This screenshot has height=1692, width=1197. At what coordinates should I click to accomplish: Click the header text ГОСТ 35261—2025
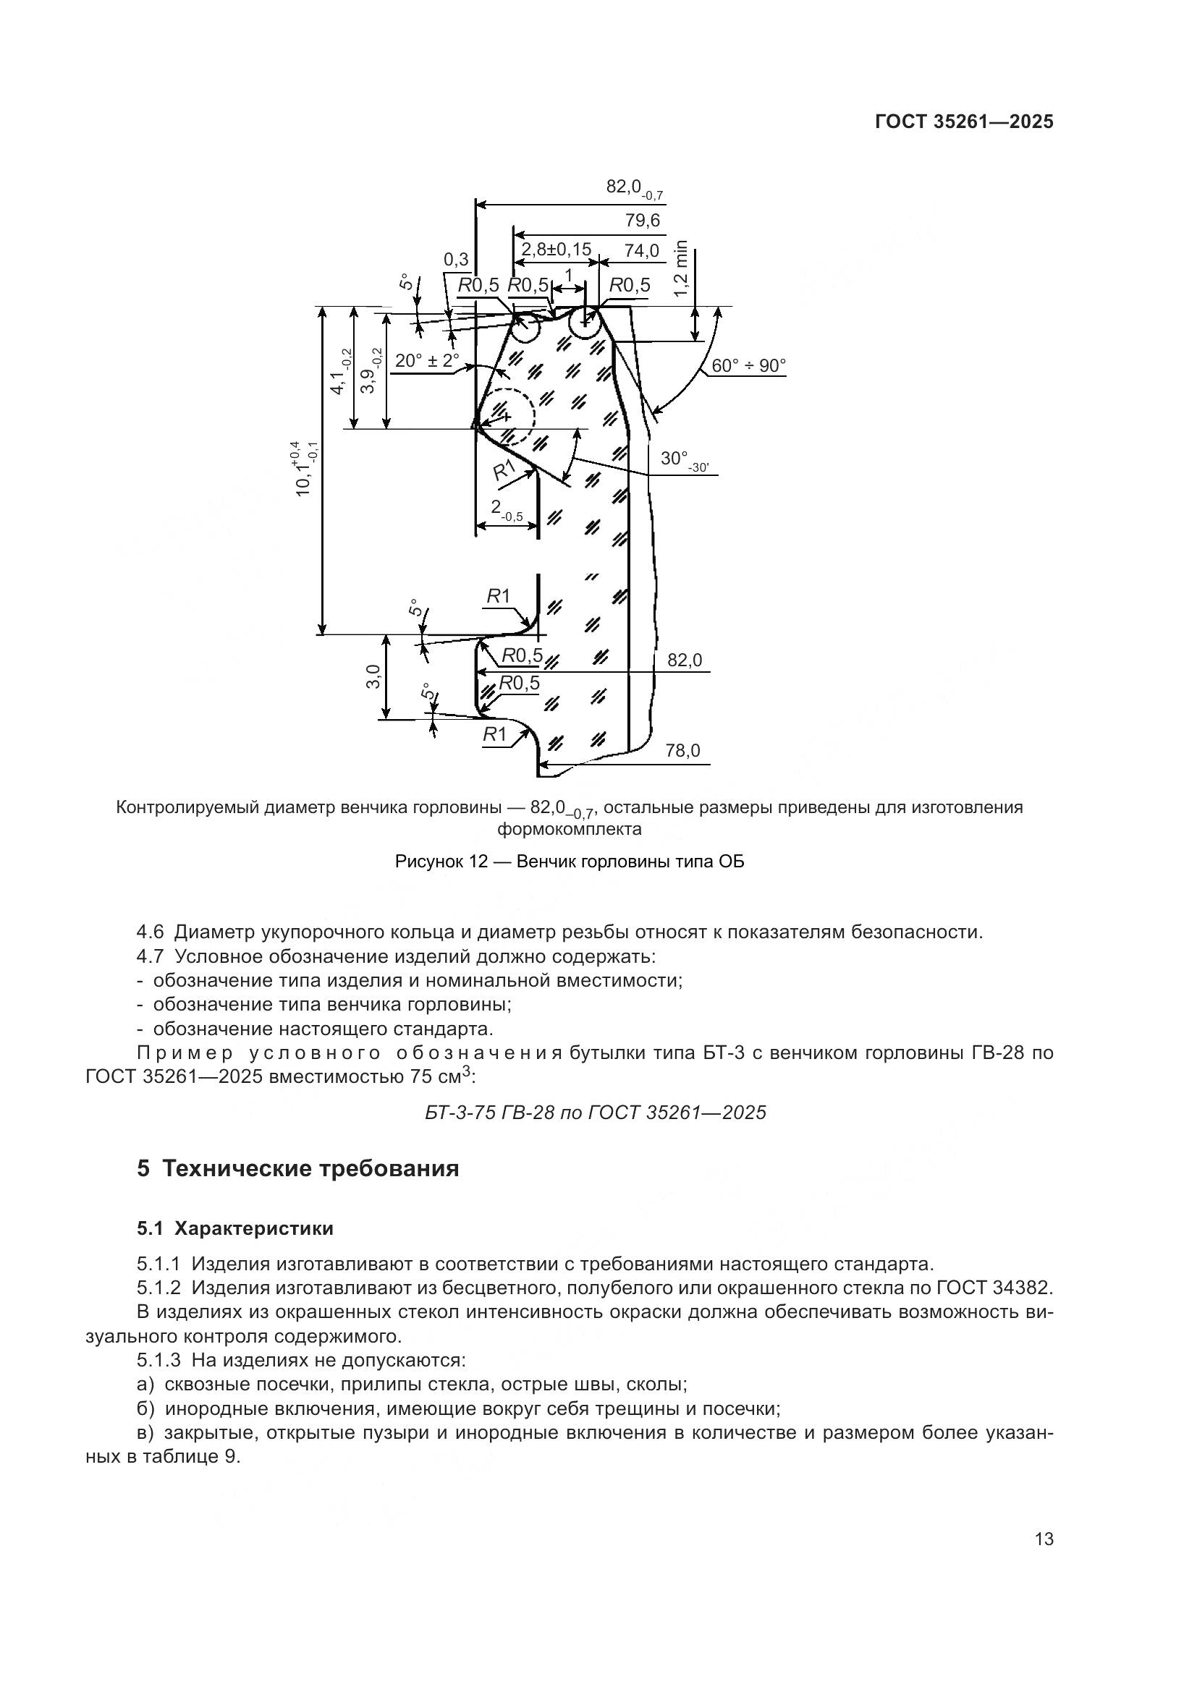click(x=963, y=122)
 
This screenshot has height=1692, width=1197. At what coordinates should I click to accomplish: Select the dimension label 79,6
click(x=642, y=221)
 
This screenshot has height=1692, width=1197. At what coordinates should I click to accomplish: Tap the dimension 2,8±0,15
click(x=556, y=250)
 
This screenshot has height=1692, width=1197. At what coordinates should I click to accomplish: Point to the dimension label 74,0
click(x=641, y=250)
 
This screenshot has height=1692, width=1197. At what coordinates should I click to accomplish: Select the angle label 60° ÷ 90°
click(x=748, y=365)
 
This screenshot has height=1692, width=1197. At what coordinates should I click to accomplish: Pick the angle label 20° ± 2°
click(x=427, y=361)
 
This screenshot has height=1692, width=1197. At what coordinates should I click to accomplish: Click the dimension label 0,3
click(x=455, y=260)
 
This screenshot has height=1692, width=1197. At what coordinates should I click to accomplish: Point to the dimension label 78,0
click(x=682, y=751)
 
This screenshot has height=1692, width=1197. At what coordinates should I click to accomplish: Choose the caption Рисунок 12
click(x=569, y=861)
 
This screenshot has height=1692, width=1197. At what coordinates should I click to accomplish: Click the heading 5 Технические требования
click(x=297, y=1169)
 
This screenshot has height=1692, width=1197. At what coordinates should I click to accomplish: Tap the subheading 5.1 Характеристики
click(x=234, y=1228)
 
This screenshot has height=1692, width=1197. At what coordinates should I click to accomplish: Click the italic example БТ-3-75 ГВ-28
click(x=596, y=1112)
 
